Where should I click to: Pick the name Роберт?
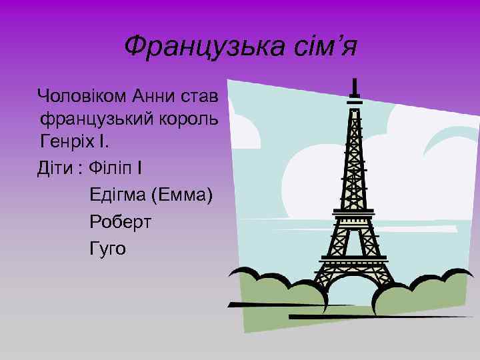(120, 221)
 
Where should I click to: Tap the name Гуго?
(107, 249)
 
